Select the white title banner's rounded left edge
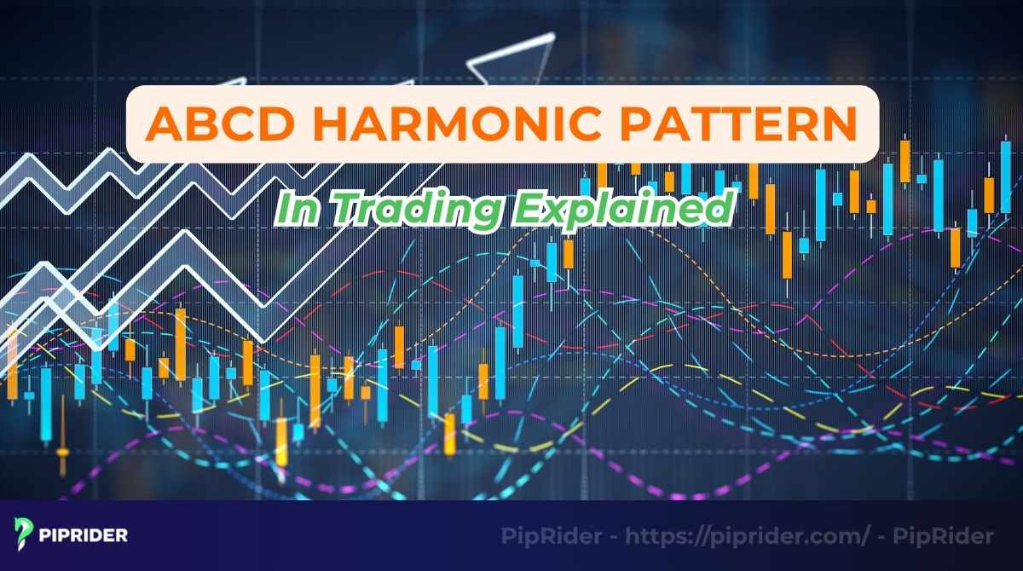(130, 124)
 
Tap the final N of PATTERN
(840, 124)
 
